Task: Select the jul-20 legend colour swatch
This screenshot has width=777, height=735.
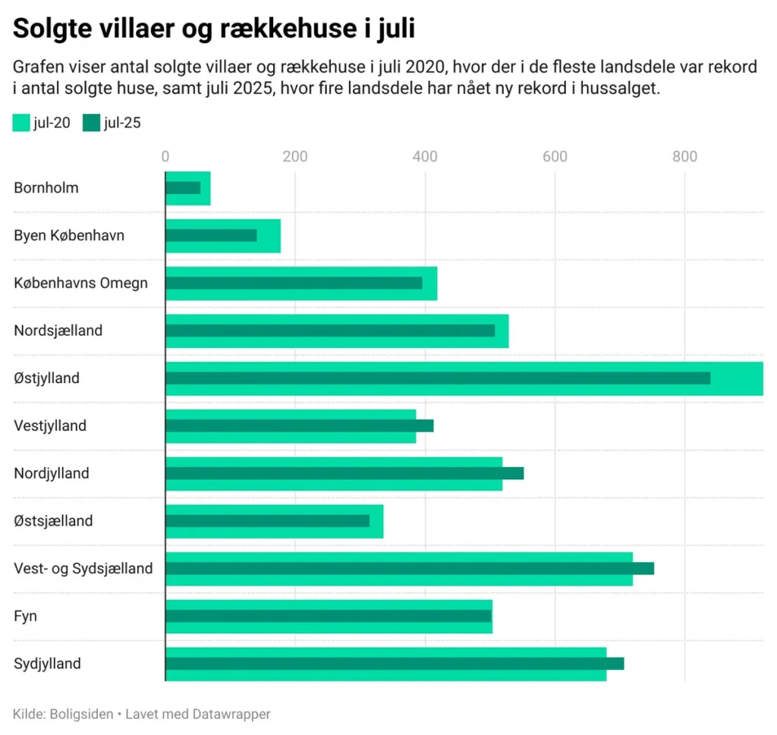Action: click(x=21, y=123)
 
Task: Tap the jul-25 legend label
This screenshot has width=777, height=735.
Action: click(x=122, y=123)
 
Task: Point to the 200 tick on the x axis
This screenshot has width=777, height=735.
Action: click(x=294, y=156)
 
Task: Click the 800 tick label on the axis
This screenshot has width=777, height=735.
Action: click(x=684, y=156)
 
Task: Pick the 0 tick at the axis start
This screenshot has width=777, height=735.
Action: click(x=165, y=156)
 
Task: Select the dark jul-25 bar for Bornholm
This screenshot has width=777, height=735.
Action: click(x=183, y=187)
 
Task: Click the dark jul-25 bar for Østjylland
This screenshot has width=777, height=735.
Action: click(x=438, y=378)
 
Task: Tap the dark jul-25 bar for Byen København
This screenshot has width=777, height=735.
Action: click(x=211, y=235)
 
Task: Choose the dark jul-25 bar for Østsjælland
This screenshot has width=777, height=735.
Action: click(x=267, y=521)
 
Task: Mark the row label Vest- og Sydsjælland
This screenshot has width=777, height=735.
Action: click(x=83, y=568)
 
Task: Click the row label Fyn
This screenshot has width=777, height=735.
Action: click(x=25, y=616)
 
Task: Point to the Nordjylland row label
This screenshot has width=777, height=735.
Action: click(x=52, y=473)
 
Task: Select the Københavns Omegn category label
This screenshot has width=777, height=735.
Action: click(x=80, y=283)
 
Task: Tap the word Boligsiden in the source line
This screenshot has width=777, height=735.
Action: click(x=80, y=714)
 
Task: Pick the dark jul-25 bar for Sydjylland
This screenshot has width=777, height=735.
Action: click(x=395, y=664)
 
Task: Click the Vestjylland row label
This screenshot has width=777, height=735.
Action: click(x=50, y=426)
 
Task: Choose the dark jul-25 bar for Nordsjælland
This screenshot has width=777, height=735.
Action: click(x=330, y=331)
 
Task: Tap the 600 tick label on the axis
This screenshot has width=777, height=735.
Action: click(x=555, y=156)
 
